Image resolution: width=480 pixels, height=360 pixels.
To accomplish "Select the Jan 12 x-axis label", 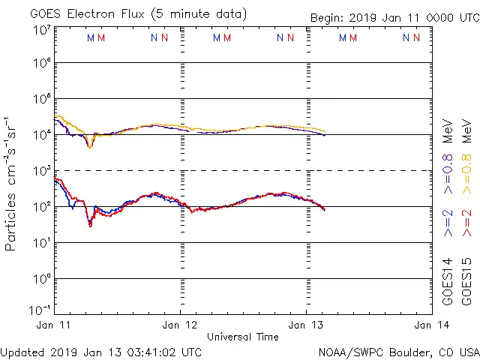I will (x=181, y=325).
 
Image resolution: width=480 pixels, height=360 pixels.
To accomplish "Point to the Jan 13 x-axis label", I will (x=306, y=325).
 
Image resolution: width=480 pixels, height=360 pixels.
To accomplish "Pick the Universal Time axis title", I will (x=243, y=337).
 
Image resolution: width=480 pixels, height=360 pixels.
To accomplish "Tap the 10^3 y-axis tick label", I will (x=42, y=171).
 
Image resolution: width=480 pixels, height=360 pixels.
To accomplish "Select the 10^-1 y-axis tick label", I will (x=42, y=310).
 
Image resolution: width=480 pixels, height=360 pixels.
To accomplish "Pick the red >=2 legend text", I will (x=466, y=223).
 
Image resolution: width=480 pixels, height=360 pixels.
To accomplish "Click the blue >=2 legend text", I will (x=448, y=223).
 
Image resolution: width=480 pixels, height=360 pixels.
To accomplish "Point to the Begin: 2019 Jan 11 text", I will (x=394, y=17).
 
